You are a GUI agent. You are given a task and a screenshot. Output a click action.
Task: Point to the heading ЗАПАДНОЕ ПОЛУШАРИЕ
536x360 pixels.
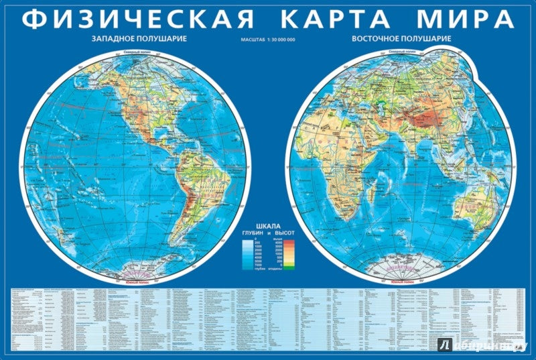point(139,39)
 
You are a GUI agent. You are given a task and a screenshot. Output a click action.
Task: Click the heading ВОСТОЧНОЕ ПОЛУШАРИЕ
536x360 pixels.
point(401,39)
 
